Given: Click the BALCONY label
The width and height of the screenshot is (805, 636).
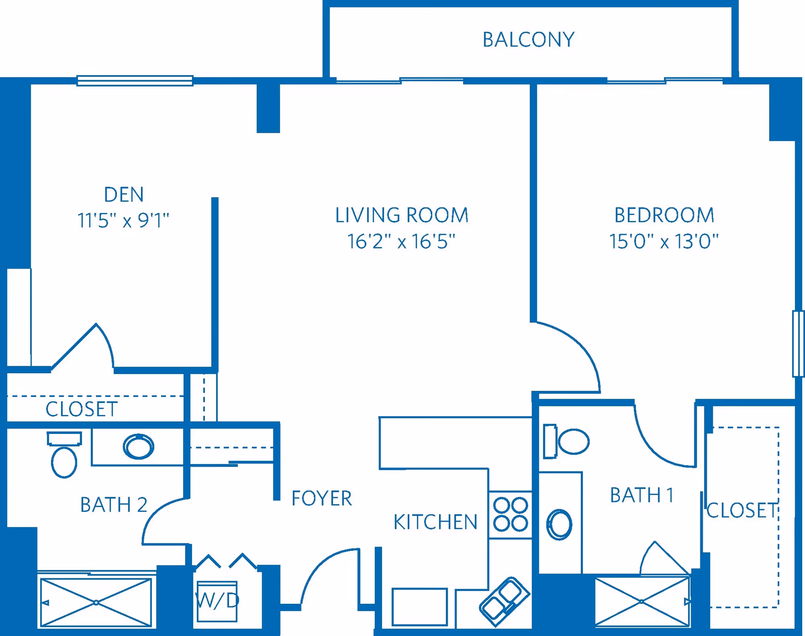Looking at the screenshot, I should click(528, 40).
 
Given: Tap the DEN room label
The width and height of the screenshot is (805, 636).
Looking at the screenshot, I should click(124, 195).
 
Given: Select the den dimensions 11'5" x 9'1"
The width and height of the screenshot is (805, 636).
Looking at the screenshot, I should click(123, 220).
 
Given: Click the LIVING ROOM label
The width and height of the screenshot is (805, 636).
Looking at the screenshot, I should click(402, 215).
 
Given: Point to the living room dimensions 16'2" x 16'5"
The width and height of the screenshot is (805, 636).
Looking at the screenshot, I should click(401, 241).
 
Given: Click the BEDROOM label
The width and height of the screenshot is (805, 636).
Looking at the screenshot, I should click(664, 215).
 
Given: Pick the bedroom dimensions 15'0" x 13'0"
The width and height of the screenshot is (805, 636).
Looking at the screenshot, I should click(664, 241).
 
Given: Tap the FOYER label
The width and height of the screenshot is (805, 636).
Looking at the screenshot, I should click(322, 498).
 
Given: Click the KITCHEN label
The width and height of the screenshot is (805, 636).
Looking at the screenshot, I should click(436, 522).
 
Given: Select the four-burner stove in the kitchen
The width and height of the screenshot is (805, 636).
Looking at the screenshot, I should click(510, 514).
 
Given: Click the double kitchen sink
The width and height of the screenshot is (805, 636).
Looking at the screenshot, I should click(504, 601).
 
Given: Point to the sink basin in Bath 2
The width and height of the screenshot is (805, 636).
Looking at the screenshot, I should click(138, 446).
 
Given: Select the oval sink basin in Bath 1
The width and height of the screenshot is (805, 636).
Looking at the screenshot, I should click(559, 524).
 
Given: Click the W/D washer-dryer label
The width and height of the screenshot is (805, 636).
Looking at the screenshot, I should click(217, 600).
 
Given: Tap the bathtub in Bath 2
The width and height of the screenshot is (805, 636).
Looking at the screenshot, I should click(96, 602).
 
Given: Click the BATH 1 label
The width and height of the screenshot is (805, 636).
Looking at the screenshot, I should click(641, 495).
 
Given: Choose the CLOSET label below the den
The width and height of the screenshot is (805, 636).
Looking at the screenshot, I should click(81, 409).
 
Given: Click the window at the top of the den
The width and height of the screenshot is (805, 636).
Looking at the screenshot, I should click(135, 80).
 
